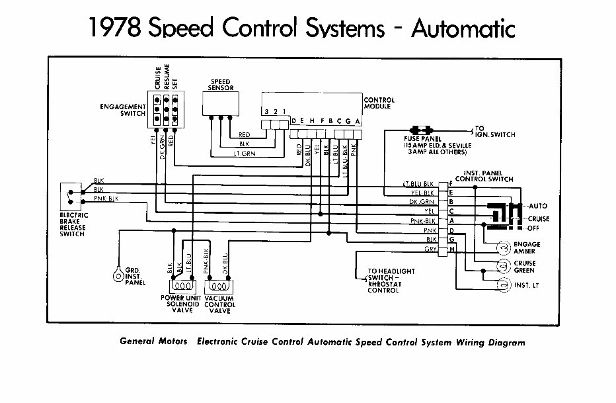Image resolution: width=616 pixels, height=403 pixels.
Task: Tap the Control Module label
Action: coord(379,104)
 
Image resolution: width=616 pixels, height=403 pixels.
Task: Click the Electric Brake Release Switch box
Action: coord(69,195)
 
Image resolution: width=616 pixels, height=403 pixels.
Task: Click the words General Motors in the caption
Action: coord(153,342)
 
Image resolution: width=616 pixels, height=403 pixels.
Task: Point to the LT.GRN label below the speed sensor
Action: coord(244,154)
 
